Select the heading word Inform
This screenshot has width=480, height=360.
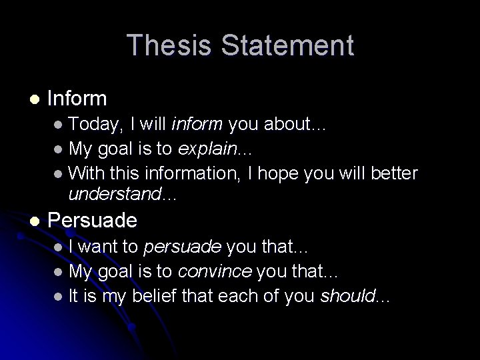coord(77,99)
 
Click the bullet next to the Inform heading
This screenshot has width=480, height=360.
coord(34,99)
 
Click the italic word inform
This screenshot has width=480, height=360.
coord(198,125)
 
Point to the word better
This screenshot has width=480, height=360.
coord(395,174)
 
